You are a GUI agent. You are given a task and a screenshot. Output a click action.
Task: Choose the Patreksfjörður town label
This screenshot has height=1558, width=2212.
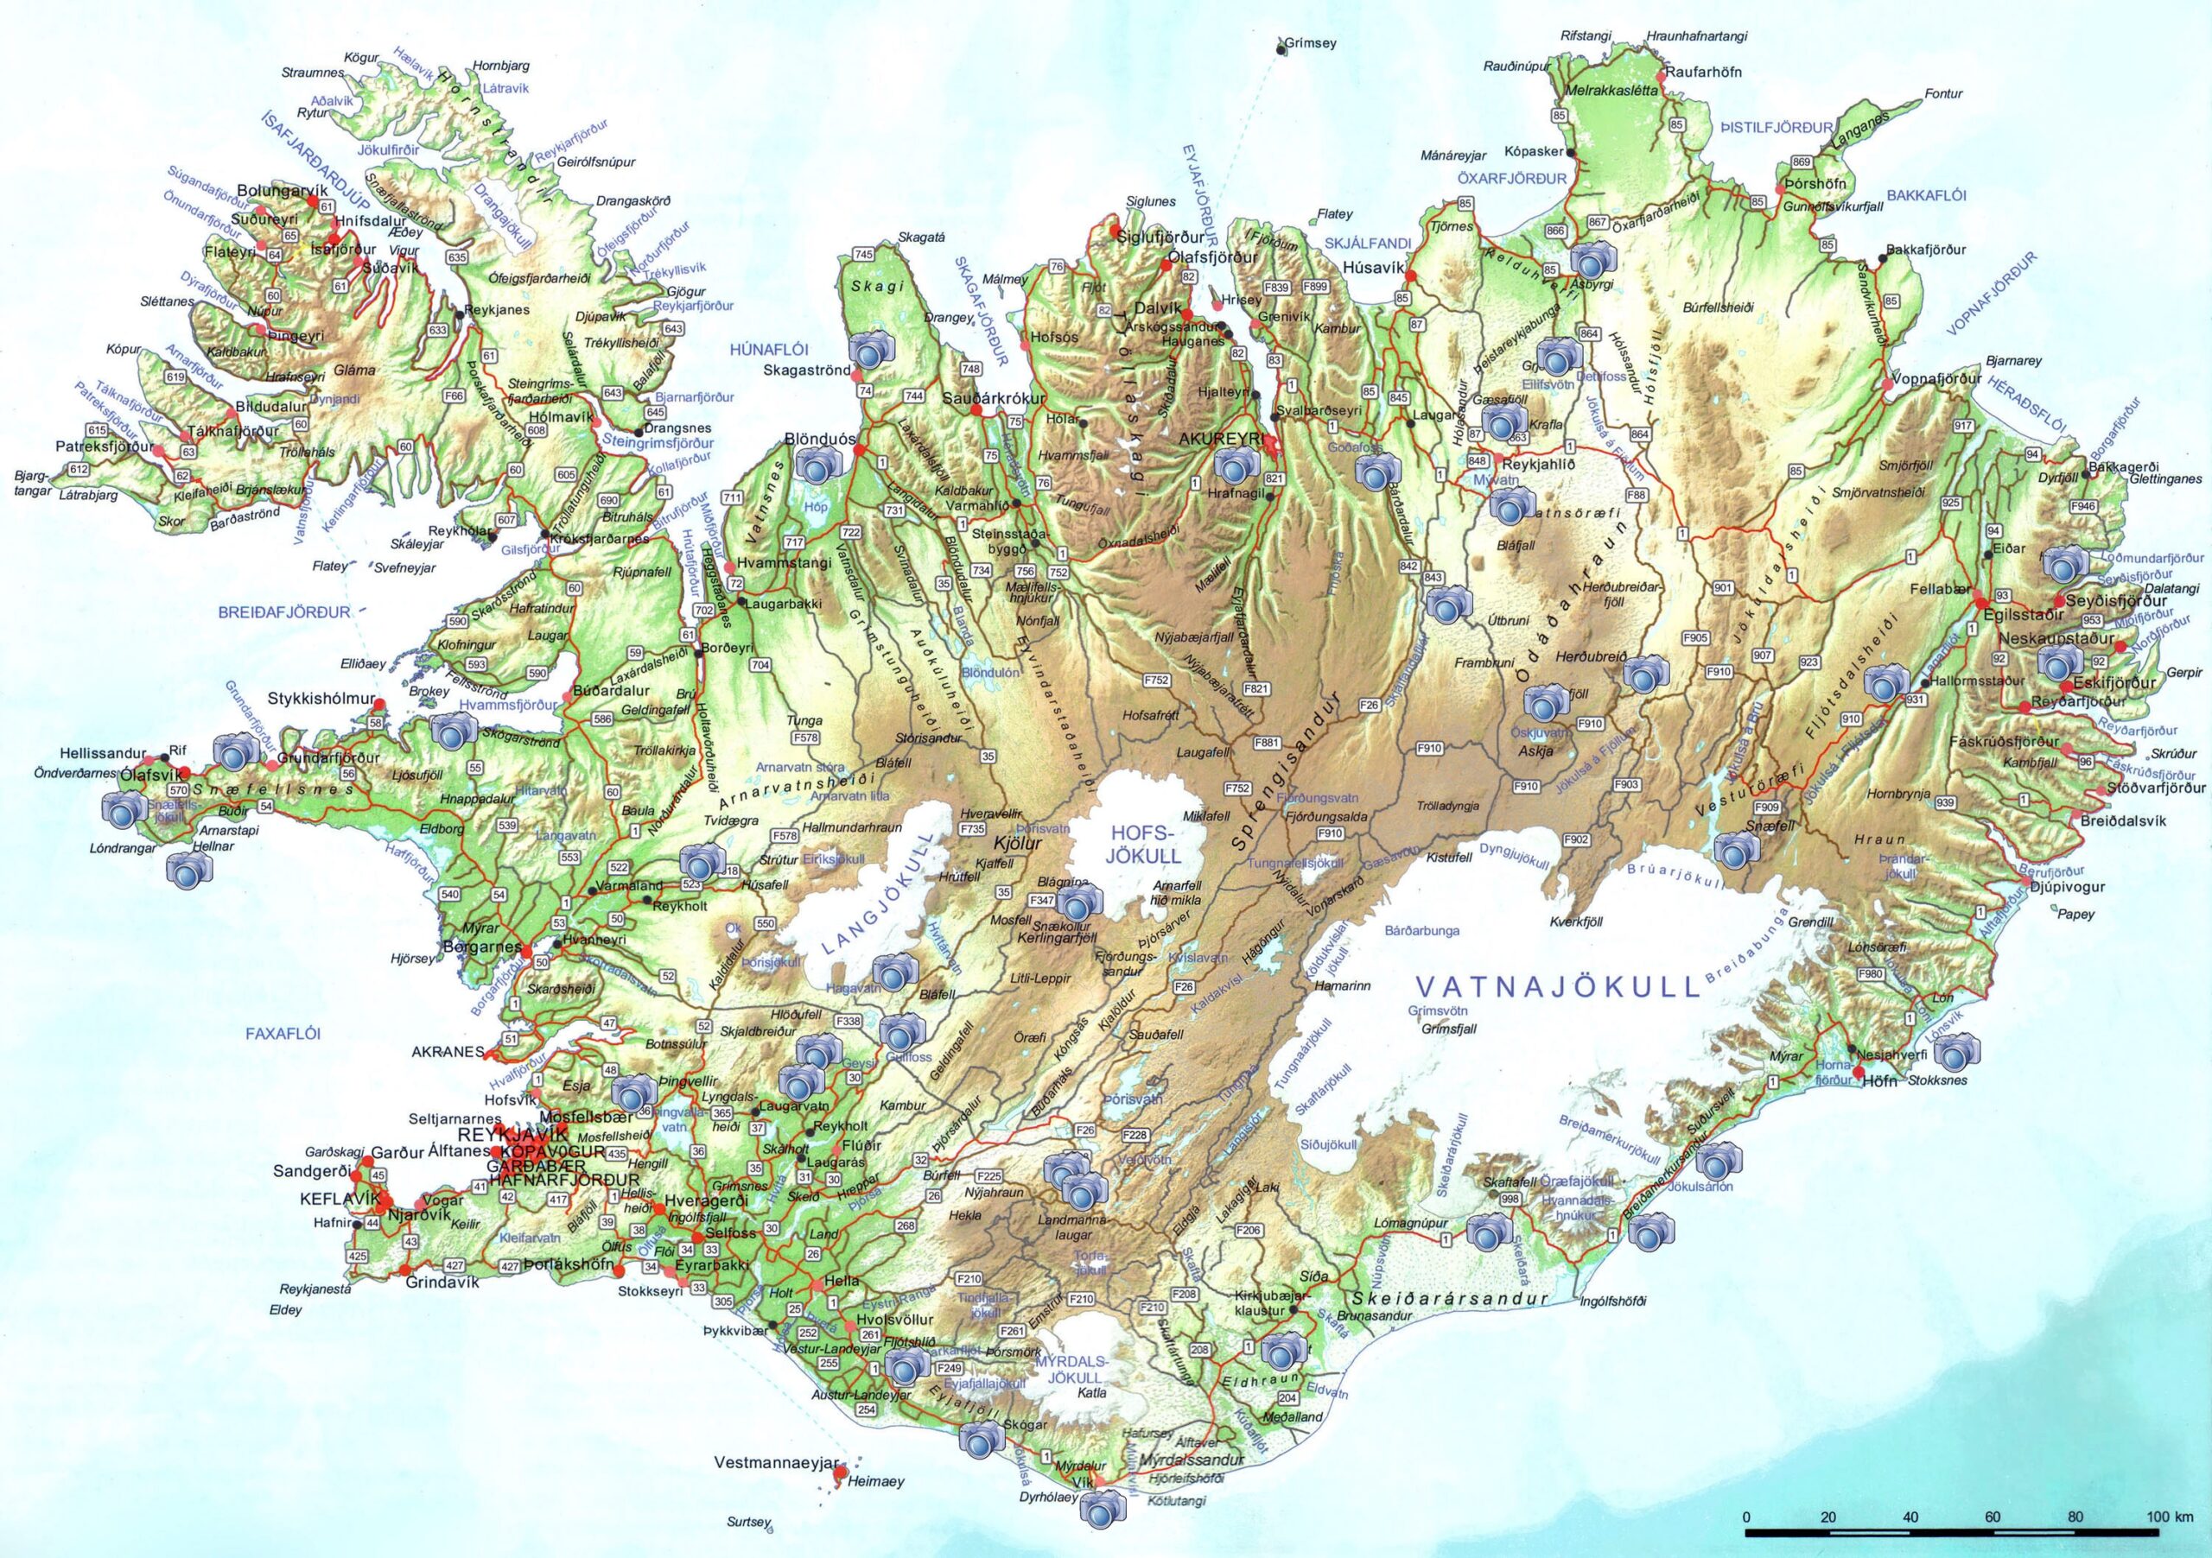(x=103, y=446)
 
